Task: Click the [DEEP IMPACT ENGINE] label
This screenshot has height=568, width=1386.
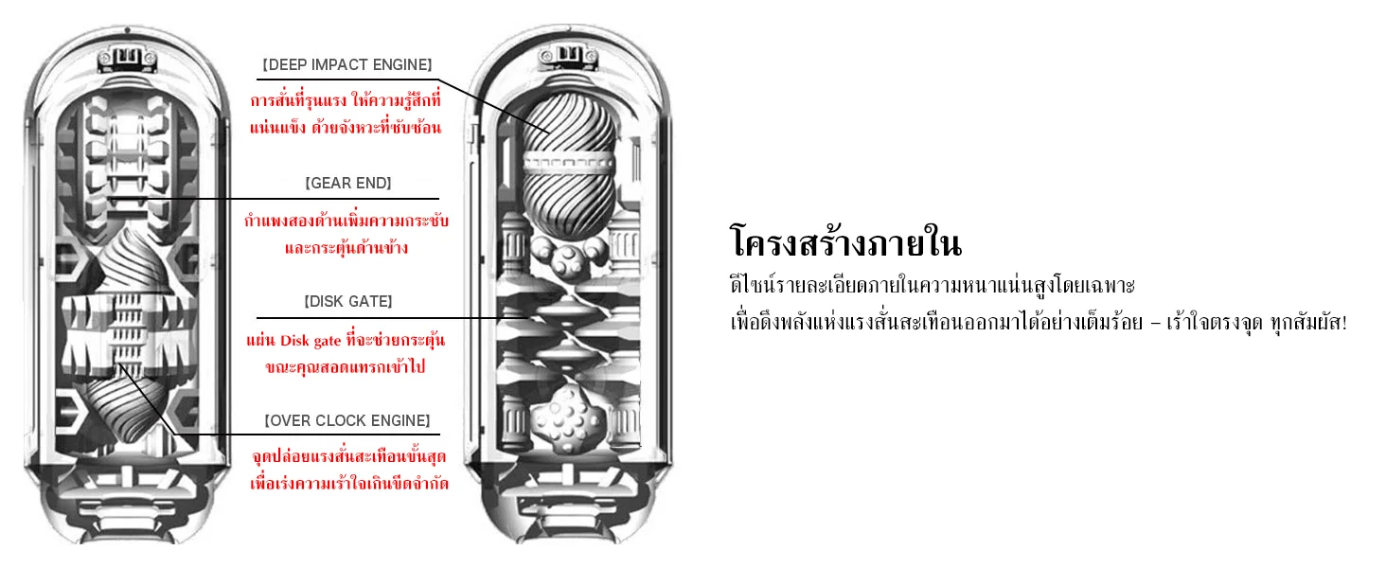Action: point(347,65)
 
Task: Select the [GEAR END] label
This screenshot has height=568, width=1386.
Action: point(347,183)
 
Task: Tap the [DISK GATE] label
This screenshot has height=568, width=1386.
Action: point(347,301)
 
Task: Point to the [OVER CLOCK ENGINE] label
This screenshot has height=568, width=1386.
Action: point(347,420)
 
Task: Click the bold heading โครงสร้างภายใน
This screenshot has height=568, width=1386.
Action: point(845,242)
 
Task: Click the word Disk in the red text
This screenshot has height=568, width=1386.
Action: point(295,341)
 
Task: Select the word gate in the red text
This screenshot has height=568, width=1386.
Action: point(328,342)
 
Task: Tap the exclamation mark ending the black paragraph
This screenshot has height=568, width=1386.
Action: point(1343,323)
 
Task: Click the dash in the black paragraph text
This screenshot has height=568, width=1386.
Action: point(1155,323)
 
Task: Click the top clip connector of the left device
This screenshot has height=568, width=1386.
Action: point(127,58)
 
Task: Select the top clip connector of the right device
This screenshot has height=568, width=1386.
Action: point(569,56)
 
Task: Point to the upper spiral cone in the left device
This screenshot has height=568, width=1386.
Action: point(134,261)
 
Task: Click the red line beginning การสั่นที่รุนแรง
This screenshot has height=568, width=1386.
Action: point(346,100)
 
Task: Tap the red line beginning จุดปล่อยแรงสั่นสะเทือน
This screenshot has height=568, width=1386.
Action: point(349,456)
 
